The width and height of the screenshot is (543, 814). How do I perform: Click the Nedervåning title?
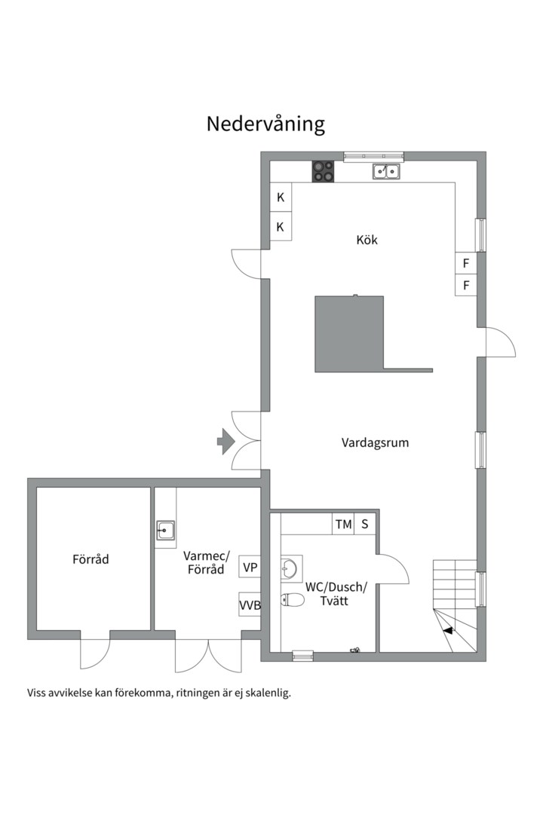click(265, 124)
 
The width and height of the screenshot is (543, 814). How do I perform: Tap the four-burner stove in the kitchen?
click(323, 171)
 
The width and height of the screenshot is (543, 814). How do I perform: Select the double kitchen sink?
click(387, 171)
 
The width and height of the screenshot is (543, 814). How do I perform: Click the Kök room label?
click(367, 240)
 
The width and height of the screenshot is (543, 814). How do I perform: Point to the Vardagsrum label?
click(375, 443)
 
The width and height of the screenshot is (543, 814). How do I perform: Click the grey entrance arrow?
click(226, 441)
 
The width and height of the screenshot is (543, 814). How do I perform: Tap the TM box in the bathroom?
click(343, 525)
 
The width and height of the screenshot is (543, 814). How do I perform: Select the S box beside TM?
click(365, 525)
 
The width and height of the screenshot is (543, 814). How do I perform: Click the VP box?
click(250, 568)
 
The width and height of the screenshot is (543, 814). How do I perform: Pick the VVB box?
click(250, 604)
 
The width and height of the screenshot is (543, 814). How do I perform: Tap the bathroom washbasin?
click(290, 568)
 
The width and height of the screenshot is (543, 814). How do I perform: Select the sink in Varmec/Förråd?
click(166, 531)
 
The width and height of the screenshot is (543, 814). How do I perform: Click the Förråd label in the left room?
click(91, 559)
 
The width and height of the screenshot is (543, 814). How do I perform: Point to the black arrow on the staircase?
click(447, 630)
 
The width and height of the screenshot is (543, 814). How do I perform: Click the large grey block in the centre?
click(349, 334)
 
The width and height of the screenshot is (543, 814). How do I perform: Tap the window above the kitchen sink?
click(373, 156)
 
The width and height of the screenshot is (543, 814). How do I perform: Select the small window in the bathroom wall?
click(302, 656)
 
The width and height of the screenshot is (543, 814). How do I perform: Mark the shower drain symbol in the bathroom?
click(356, 649)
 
